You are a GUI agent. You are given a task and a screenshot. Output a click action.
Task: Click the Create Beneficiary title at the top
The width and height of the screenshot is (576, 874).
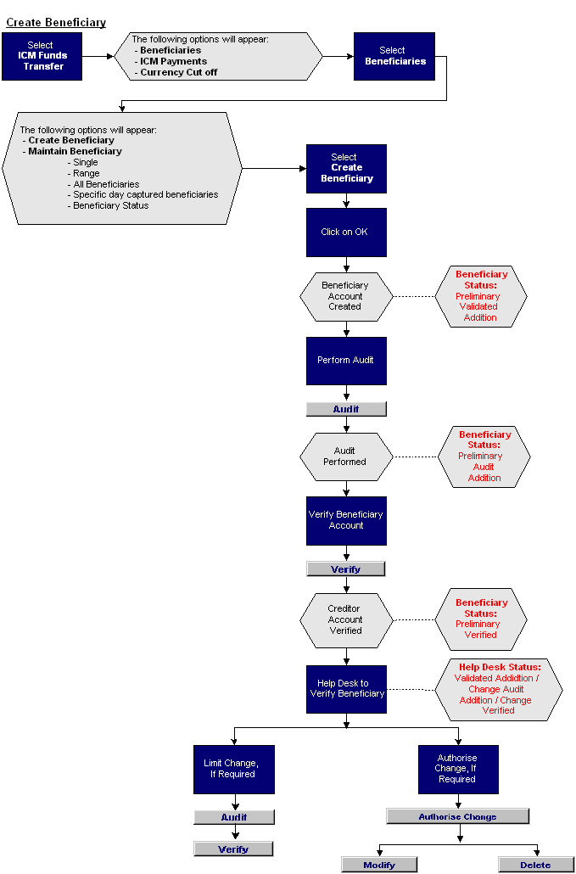[x=56, y=23]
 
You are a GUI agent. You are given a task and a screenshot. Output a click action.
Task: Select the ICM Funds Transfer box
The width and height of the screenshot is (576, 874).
[x=42, y=56]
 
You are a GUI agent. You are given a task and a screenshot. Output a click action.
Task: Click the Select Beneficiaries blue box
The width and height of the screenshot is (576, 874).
[x=394, y=56]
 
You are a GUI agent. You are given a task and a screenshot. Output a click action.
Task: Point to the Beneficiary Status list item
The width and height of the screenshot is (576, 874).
[x=110, y=205]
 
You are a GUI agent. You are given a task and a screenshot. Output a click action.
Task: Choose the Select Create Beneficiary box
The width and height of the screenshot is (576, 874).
[x=346, y=168]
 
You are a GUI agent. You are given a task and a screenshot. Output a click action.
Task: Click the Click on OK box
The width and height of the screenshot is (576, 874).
[x=346, y=232]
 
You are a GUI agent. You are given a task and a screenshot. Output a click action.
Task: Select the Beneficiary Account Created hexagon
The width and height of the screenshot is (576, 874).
[x=346, y=296]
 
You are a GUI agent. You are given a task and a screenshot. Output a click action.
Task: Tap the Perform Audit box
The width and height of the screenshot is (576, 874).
[x=346, y=361]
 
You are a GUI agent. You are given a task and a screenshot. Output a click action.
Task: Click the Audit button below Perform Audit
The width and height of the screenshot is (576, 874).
[x=346, y=409]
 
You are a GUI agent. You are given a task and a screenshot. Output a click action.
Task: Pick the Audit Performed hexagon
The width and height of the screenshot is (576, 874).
[x=346, y=457]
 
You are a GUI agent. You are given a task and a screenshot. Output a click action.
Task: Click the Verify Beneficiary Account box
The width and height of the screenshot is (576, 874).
[x=346, y=520]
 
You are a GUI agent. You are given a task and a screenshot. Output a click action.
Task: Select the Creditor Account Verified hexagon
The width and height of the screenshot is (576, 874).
[x=346, y=620]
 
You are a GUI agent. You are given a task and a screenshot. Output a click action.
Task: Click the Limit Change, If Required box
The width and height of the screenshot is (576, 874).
[x=233, y=769]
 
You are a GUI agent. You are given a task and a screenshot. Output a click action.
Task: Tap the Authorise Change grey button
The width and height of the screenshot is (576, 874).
[x=457, y=816]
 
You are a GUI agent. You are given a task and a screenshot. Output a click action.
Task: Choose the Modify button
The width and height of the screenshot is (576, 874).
[x=379, y=865]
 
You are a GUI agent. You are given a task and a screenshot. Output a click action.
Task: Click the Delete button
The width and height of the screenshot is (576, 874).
[x=536, y=865]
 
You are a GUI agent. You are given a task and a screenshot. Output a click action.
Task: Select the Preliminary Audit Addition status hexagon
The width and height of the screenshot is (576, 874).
[x=484, y=457]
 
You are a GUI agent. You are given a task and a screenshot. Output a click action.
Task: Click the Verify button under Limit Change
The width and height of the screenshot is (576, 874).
[x=233, y=849]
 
